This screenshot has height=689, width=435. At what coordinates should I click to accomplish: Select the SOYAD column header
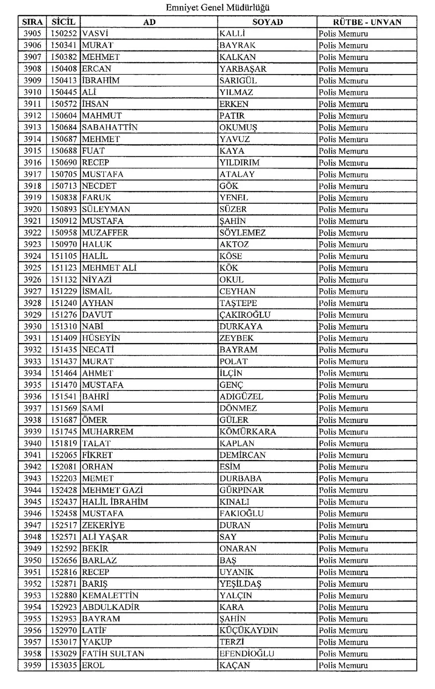tap(267, 22)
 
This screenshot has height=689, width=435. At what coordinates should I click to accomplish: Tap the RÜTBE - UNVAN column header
tap(367, 22)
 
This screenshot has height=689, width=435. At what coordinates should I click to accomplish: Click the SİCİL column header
tap(63, 22)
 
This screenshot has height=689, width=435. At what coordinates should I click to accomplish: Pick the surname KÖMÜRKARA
tap(248, 431)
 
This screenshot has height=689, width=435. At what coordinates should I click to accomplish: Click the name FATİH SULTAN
tap(113, 654)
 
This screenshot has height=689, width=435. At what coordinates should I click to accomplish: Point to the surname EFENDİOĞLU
tap(247, 654)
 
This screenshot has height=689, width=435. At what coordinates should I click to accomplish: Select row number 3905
tap(33, 34)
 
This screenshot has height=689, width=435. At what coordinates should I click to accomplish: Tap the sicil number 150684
tap(63, 128)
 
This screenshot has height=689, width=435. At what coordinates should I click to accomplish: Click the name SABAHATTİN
tap(110, 128)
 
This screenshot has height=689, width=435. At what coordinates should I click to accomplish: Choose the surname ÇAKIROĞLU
tap(245, 315)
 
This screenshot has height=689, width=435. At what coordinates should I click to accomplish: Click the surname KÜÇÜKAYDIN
tap(249, 631)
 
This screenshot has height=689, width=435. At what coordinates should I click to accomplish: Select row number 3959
tap(33, 666)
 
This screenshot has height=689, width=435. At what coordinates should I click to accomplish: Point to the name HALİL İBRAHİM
tap(115, 502)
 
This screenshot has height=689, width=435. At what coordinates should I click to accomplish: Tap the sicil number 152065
tap(63, 455)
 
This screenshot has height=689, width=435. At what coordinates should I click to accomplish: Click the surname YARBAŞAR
tap(243, 69)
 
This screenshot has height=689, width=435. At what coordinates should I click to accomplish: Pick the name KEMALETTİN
tap(110, 596)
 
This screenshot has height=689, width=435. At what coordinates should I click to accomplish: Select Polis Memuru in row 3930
tap(343, 327)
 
